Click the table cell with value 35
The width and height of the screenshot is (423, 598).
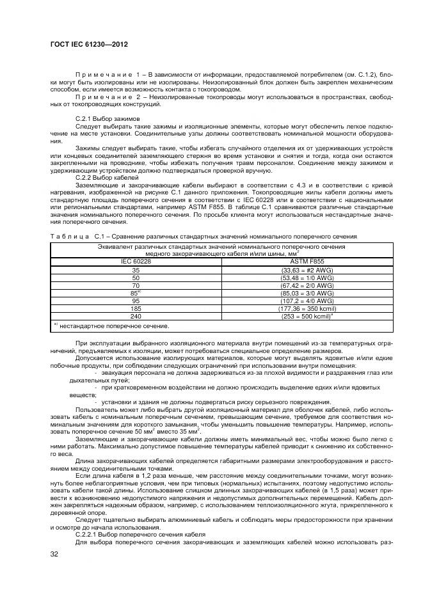[135, 270]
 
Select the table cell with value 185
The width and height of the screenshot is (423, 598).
[135, 308]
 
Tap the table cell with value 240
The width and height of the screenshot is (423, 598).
[135, 315]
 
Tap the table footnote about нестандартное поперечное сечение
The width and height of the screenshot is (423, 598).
[111, 326]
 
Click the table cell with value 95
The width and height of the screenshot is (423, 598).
[135, 300]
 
